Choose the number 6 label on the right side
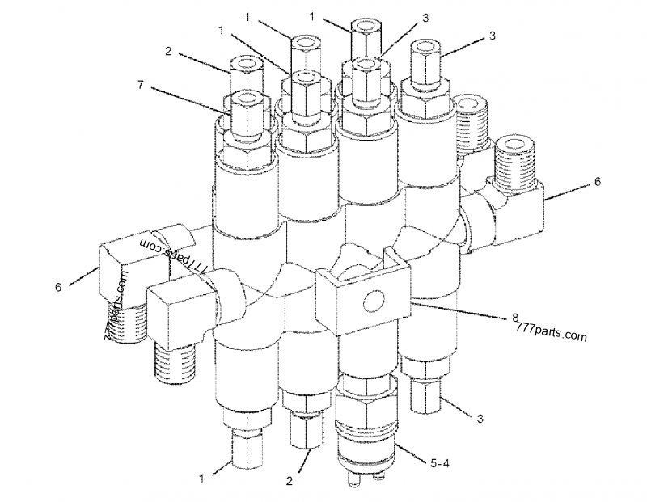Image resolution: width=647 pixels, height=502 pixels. click(597, 182)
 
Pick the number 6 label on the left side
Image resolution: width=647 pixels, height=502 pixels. click(59, 287)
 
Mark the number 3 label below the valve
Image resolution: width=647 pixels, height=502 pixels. click(480, 418)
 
